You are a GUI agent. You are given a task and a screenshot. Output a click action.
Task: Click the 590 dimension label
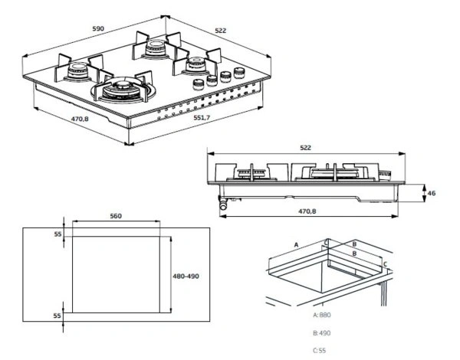click(x=98, y=28)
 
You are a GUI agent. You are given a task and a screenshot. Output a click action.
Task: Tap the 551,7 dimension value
click(x=202, y=117)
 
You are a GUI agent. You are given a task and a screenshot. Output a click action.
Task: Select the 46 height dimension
click(x=431, y=193)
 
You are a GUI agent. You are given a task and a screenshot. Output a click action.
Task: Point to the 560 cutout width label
click(x=116, y=216)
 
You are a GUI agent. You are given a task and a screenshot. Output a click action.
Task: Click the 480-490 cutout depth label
click(x=186, y=277)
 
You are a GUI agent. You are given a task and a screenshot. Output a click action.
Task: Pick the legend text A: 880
click(x=322, y=315)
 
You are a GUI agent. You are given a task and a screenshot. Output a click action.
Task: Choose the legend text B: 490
click(x=321, y=333)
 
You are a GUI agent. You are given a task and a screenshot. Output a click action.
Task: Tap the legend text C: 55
click(x=320, y=350)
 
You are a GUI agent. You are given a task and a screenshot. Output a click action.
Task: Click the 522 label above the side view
click(x=305, y=148)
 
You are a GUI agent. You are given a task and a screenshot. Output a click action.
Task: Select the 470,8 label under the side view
click(x=307, y=211)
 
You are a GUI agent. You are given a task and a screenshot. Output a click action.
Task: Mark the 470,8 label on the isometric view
click(x=80, y=119)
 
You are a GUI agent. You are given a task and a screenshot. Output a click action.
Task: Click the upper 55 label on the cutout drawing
click(x=58, y=234)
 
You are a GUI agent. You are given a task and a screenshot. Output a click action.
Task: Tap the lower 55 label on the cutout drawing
click(x=57, y=316)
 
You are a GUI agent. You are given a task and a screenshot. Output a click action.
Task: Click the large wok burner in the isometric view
click(x=123, y=90)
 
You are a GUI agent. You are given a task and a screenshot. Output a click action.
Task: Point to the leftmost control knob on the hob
click(x=199, y=85)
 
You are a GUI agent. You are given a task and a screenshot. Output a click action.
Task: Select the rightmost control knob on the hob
click(x=239, y=73)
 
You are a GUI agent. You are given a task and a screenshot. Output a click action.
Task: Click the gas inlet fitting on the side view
click(x=224, y=203)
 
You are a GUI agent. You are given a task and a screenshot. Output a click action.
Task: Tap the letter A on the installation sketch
click(x=296, y=244)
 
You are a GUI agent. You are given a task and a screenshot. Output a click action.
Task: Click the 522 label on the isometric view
click(x=221, y=31)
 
